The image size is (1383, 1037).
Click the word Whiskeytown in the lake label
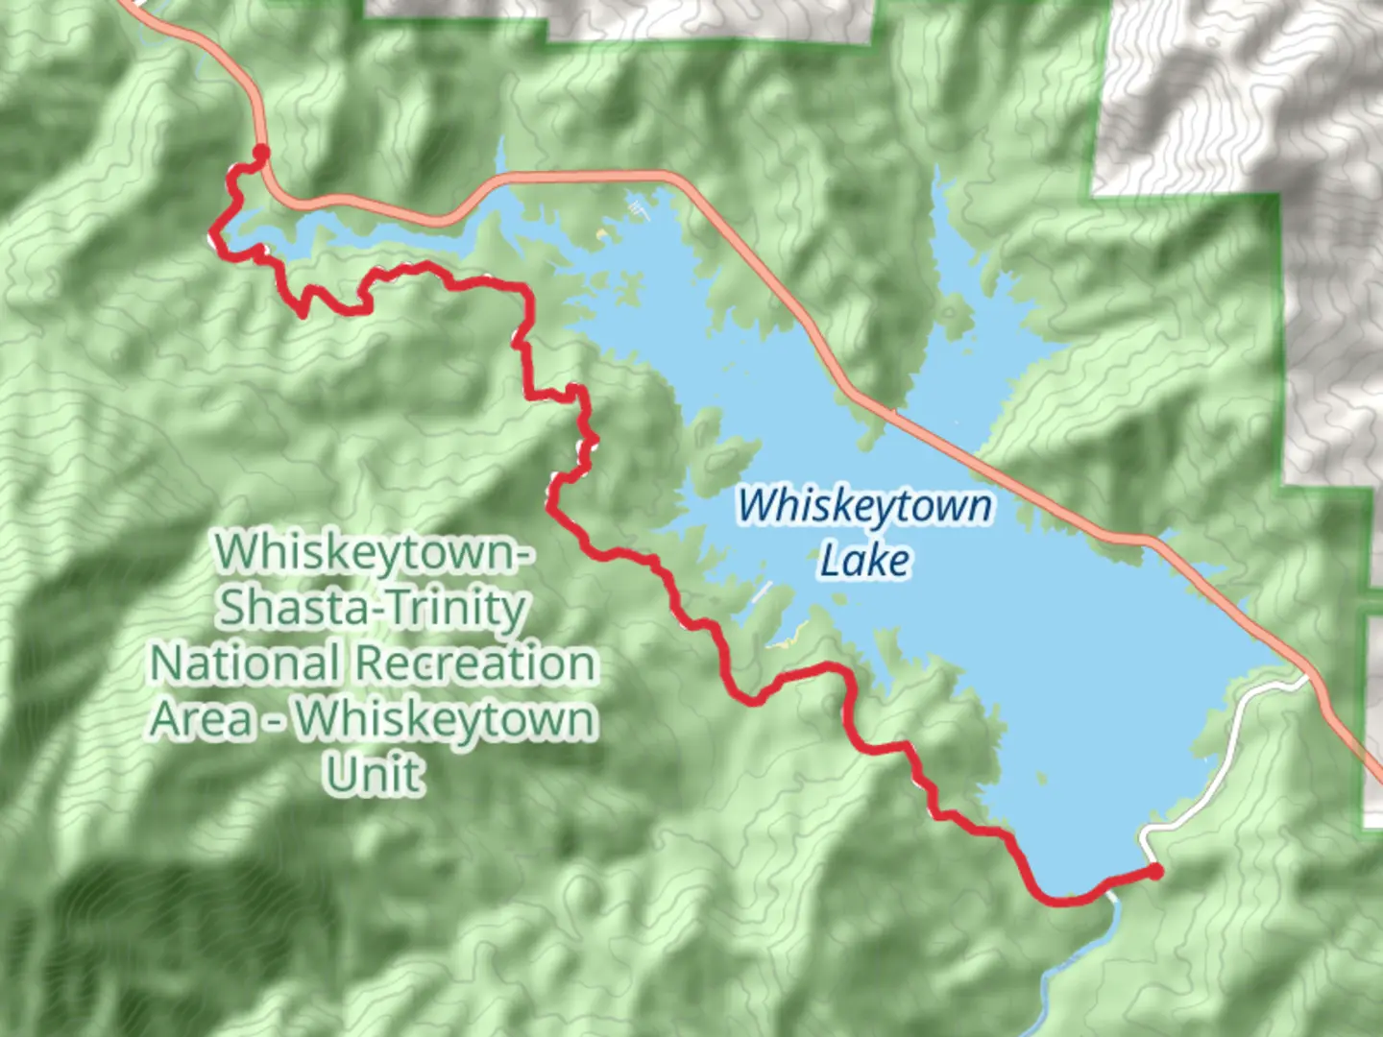coord(864,506)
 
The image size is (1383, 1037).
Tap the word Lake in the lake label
coord(864,560)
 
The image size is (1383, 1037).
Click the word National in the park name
coord(246,663)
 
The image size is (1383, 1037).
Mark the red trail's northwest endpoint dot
coord(260,151)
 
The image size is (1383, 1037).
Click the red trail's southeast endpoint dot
coord(1155,871)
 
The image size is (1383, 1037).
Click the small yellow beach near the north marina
coord(603,233)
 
